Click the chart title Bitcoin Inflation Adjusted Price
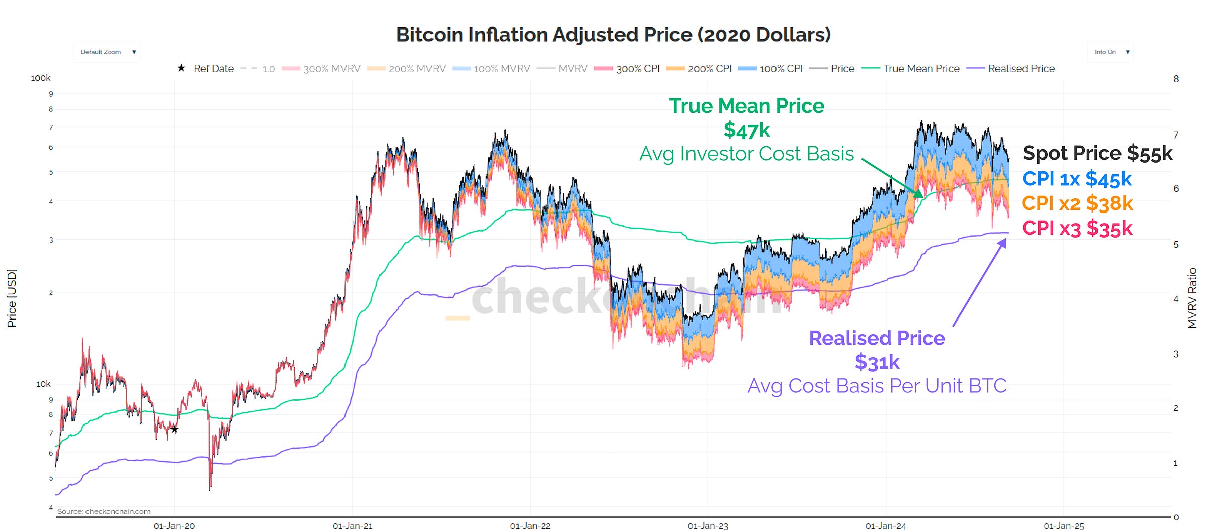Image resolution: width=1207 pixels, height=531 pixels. (613, 35)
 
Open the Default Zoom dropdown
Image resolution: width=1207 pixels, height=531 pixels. (107, 52)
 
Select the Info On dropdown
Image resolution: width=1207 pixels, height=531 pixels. (1110, 52)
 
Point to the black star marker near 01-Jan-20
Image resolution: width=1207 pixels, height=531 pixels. (174, 430)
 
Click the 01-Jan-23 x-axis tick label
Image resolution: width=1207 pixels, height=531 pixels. (708, 526)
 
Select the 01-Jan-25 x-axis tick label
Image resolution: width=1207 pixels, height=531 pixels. (1064, 526)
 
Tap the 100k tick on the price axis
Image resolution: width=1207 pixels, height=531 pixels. (41, 78)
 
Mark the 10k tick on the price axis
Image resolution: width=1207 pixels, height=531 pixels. (43, 384)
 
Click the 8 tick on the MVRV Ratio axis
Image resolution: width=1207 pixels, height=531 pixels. (1176, 79)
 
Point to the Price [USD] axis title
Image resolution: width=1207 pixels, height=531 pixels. (12, 298)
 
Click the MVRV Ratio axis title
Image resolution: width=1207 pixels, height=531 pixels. (1192, 298)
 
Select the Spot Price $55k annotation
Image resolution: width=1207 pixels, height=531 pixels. (1097, 153)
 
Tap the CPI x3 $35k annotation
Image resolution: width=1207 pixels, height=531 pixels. (1077, 228)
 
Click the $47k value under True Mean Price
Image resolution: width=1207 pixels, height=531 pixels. (746, 130)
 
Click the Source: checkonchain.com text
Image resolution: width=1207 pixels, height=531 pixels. (104, 511)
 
